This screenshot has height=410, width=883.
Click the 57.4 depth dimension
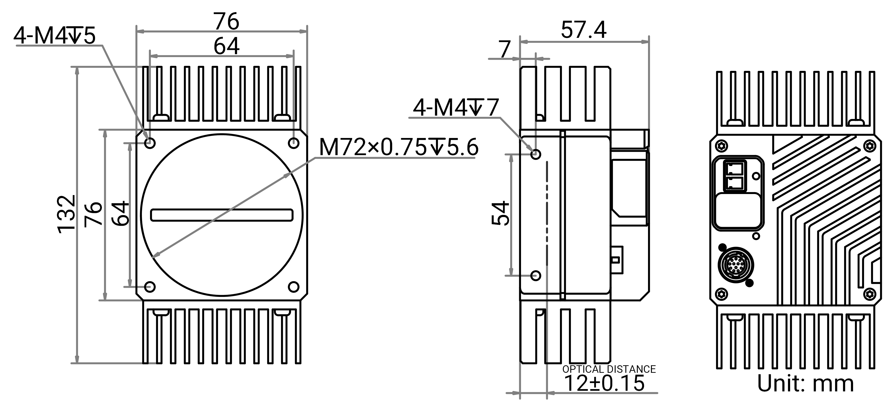[583, 30]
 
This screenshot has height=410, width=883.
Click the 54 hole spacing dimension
[501, 213]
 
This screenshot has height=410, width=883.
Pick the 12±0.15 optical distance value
[604, 383]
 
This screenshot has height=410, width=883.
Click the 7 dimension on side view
[504, 50]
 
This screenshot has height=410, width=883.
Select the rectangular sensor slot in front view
[222, 215]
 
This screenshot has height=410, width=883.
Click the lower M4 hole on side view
[536, 275]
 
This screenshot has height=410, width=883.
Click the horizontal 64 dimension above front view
[226, 46]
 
